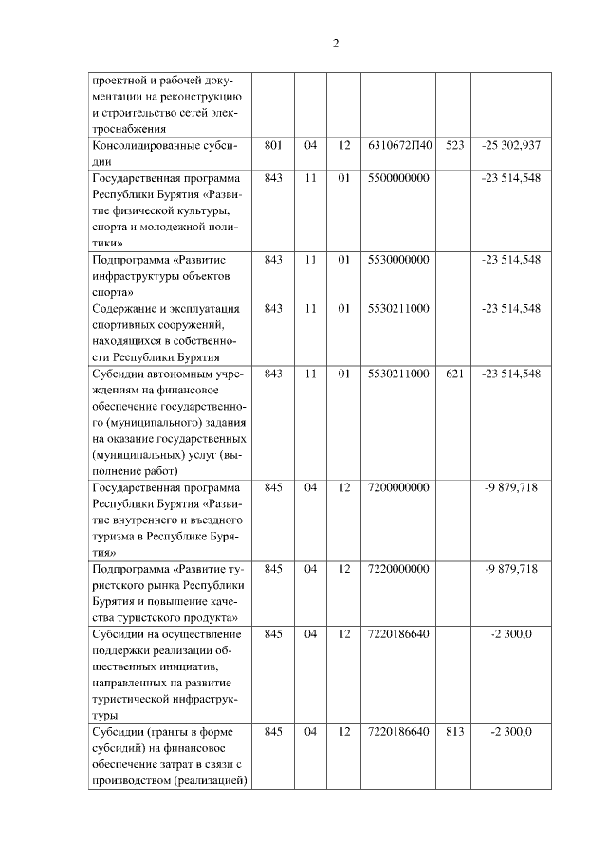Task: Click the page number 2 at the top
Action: pos(336,45)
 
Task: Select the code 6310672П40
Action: pos(398,146)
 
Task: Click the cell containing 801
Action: pos(274,146)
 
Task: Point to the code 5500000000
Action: pos(398,178)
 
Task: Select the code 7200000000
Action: pos(398,487)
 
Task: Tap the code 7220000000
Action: pos(398,569)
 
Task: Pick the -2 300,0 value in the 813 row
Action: pos(510,732)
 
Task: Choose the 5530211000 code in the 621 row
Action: pos(398,374)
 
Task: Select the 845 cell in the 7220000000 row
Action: pos(274,569)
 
